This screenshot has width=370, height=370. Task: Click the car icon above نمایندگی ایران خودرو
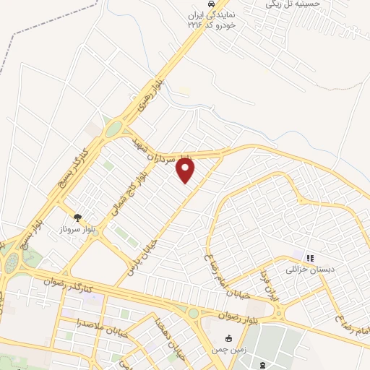(211, 4)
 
